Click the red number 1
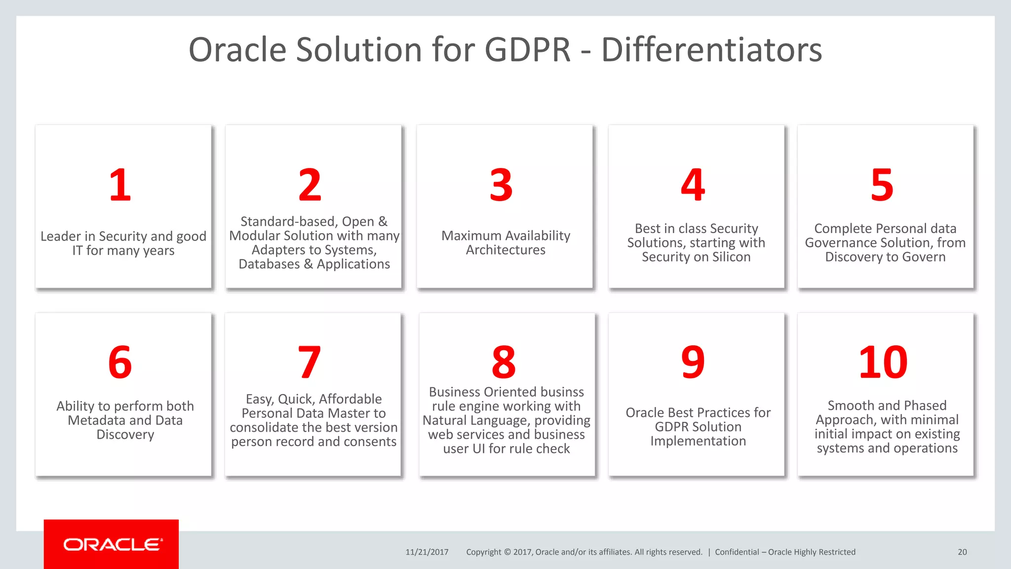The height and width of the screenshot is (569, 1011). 120,185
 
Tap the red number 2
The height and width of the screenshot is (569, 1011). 310,185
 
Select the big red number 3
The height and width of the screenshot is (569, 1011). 501,185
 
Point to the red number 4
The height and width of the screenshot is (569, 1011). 693,185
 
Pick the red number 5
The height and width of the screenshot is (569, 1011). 882,185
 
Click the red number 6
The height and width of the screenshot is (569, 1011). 120,363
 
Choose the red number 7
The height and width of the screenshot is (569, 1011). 310,363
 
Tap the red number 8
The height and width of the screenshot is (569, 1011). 504,363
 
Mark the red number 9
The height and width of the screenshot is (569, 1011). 693,363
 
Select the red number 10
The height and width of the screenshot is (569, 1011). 883,363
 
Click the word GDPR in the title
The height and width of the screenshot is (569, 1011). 527,50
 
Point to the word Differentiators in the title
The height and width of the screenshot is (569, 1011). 711,50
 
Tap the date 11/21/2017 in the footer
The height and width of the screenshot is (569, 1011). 427,552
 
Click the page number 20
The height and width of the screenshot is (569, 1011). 962,552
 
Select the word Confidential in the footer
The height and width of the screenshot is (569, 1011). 737,552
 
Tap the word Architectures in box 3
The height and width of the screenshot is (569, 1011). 505,250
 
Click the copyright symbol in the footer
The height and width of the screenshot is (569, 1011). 507,552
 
